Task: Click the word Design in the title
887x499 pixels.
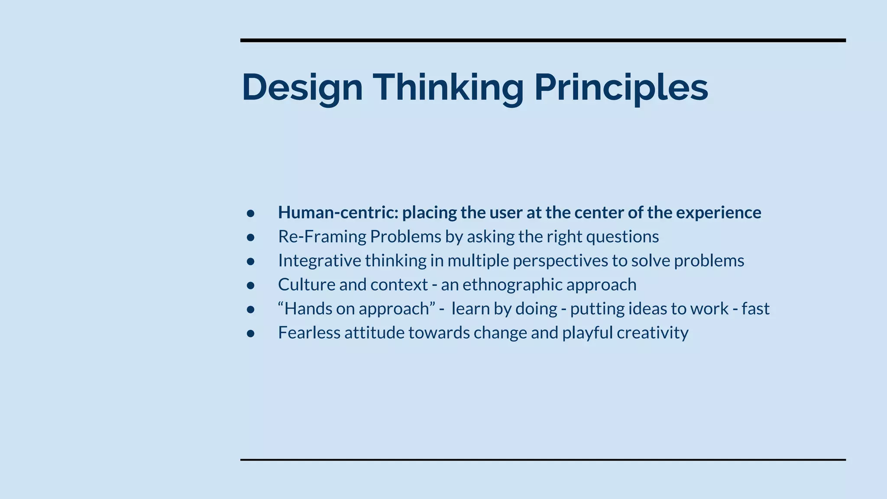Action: click(x=302, y=88)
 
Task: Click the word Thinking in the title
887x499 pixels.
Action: click(x=448, y=88)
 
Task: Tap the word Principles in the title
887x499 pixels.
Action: click(x=621, y=88)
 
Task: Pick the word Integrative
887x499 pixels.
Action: click(x=319, y=261)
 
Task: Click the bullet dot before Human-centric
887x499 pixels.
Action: click(x=250, y=213)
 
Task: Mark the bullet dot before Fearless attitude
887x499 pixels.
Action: click(x=250, y=333)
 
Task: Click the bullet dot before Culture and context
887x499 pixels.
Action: click(x=250, y=285)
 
